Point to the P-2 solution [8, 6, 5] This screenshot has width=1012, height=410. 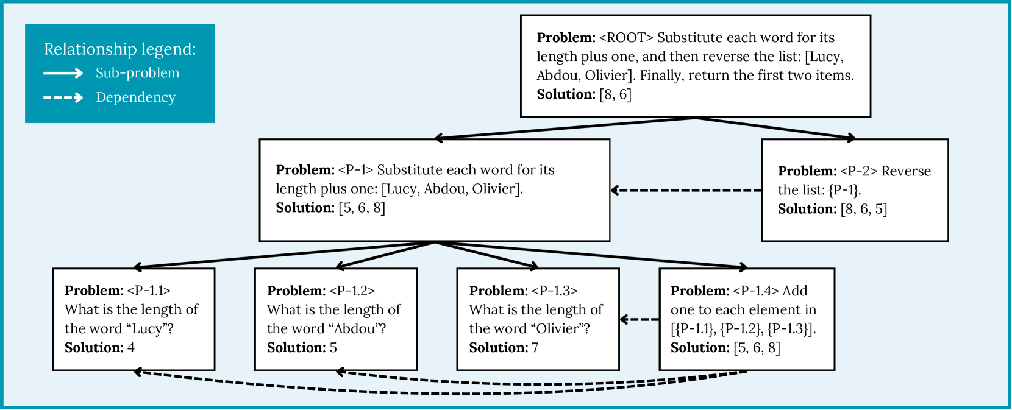[x=864, y=209]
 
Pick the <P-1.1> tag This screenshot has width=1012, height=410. [x=149, y=291]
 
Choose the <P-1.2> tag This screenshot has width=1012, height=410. [x=352, y=291]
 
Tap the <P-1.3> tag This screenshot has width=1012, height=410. [x=554, y=291]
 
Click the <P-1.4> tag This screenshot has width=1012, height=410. [x=755, y=291]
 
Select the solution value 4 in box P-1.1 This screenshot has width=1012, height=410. [x=131, y=348]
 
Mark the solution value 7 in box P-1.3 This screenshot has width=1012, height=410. [x=535, y=348]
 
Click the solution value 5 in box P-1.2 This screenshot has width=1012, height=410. [x=333, y=348]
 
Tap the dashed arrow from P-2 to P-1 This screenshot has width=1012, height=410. [x=686, y=190]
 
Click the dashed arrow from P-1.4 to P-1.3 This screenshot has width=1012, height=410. [x=639, y=319]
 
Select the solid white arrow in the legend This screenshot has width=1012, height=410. [x=63, y=73]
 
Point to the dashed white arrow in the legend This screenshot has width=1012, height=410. [x=63, y=97]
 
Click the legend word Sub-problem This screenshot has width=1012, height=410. [x=137, y=73]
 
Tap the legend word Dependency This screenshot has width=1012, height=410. [x=135, y=97]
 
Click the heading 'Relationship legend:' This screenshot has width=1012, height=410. [x=120, y=49]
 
